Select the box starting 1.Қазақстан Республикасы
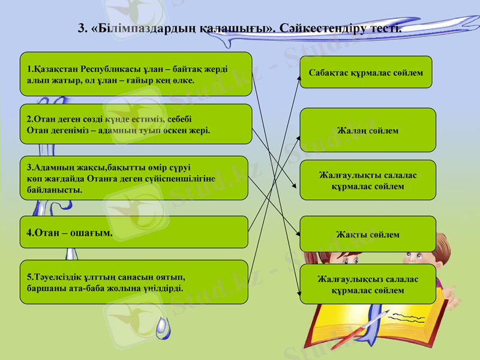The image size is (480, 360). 135,74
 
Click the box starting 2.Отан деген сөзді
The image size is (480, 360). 135,124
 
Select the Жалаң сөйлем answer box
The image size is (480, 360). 367,130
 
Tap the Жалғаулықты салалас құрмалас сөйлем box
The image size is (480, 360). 367,180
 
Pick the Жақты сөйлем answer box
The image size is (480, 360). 367,234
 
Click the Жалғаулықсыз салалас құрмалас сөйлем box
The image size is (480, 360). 367,284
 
